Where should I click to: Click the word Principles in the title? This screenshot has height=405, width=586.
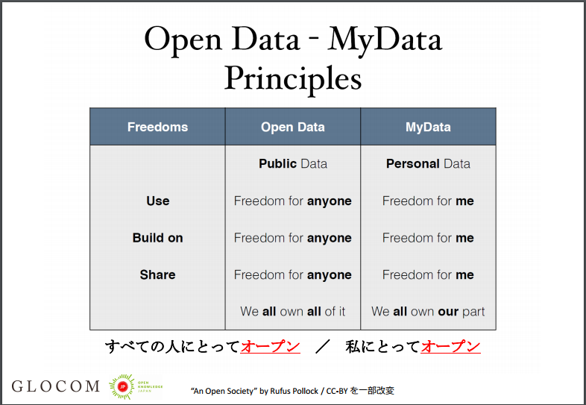[x=292, y=79]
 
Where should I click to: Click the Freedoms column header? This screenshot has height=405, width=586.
[x=158, y=127]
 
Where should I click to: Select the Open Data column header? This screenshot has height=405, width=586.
[x=292, y=127]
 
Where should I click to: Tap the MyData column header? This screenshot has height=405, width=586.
[x=428, y=127]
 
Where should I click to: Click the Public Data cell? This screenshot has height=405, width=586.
[x=292, y=164]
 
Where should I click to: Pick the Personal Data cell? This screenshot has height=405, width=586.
[x=428, y=164]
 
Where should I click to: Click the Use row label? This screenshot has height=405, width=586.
[x=158, y=201]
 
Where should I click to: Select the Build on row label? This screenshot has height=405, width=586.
[x=158, y=238]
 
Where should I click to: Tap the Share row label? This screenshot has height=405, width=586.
[x=158, y=275]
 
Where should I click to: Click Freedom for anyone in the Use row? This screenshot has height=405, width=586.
[x=292, y=201]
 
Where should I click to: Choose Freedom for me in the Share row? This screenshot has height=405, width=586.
[x=428, y=275]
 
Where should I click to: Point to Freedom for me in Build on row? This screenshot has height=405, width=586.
[x=428, y=238]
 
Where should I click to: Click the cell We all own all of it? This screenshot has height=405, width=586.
[x=292, y=312]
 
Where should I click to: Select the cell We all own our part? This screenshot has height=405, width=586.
[x=428, y=312]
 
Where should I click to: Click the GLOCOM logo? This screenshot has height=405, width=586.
[x=55, y=386]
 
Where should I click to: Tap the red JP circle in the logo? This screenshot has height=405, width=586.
[x=122, y=386]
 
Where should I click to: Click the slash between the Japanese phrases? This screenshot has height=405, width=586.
[x=322, y=347]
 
